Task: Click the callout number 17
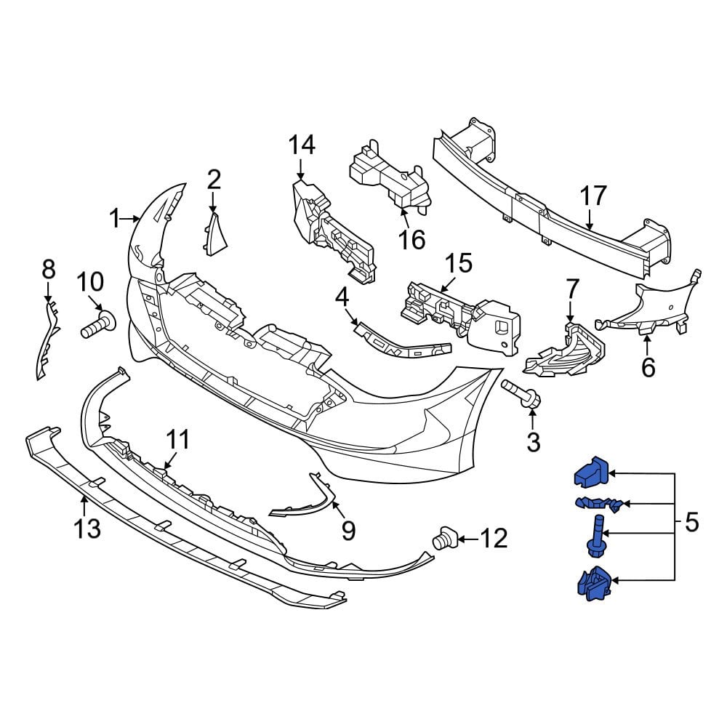click(x=593, y=197)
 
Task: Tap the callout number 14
click(x=302, y=145)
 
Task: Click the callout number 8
click(x=49, y=270)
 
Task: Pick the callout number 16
click(x=412, y=239)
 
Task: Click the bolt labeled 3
click(x=522, y=396)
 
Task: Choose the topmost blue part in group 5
click(x=590, y=475)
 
